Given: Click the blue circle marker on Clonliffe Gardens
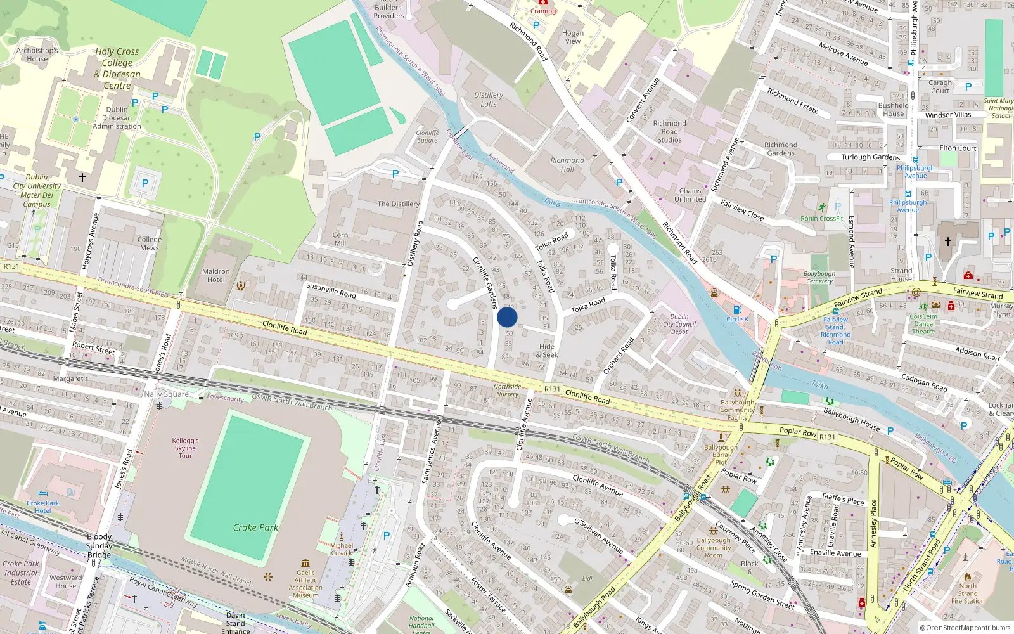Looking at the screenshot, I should point(507,317).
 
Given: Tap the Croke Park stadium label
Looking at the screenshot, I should point(255,527).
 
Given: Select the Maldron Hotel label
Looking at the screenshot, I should point(215,275).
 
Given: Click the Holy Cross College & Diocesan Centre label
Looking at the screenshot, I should point(117,68).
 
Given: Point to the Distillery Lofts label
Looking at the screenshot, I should point(489,100).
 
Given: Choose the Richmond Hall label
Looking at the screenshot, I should point(567,165).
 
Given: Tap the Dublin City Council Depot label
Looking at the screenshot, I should point(679,324).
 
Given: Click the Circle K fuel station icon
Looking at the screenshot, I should point(737,309).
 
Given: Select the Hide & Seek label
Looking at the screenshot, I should point(547,351).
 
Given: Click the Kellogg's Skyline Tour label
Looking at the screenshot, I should point(185,448).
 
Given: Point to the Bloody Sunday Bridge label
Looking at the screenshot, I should point(99,545).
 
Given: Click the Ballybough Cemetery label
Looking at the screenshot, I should point(819,277).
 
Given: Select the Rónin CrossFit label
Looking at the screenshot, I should point(821,219).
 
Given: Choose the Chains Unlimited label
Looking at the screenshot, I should point(690,195).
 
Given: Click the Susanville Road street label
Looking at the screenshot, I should point(331,290).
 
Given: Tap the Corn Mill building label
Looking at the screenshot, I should point(340,239).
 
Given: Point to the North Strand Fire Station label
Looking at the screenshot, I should point(968,593).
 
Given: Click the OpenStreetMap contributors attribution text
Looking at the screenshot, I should point(965,628).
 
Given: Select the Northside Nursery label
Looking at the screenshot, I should point(507,390).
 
